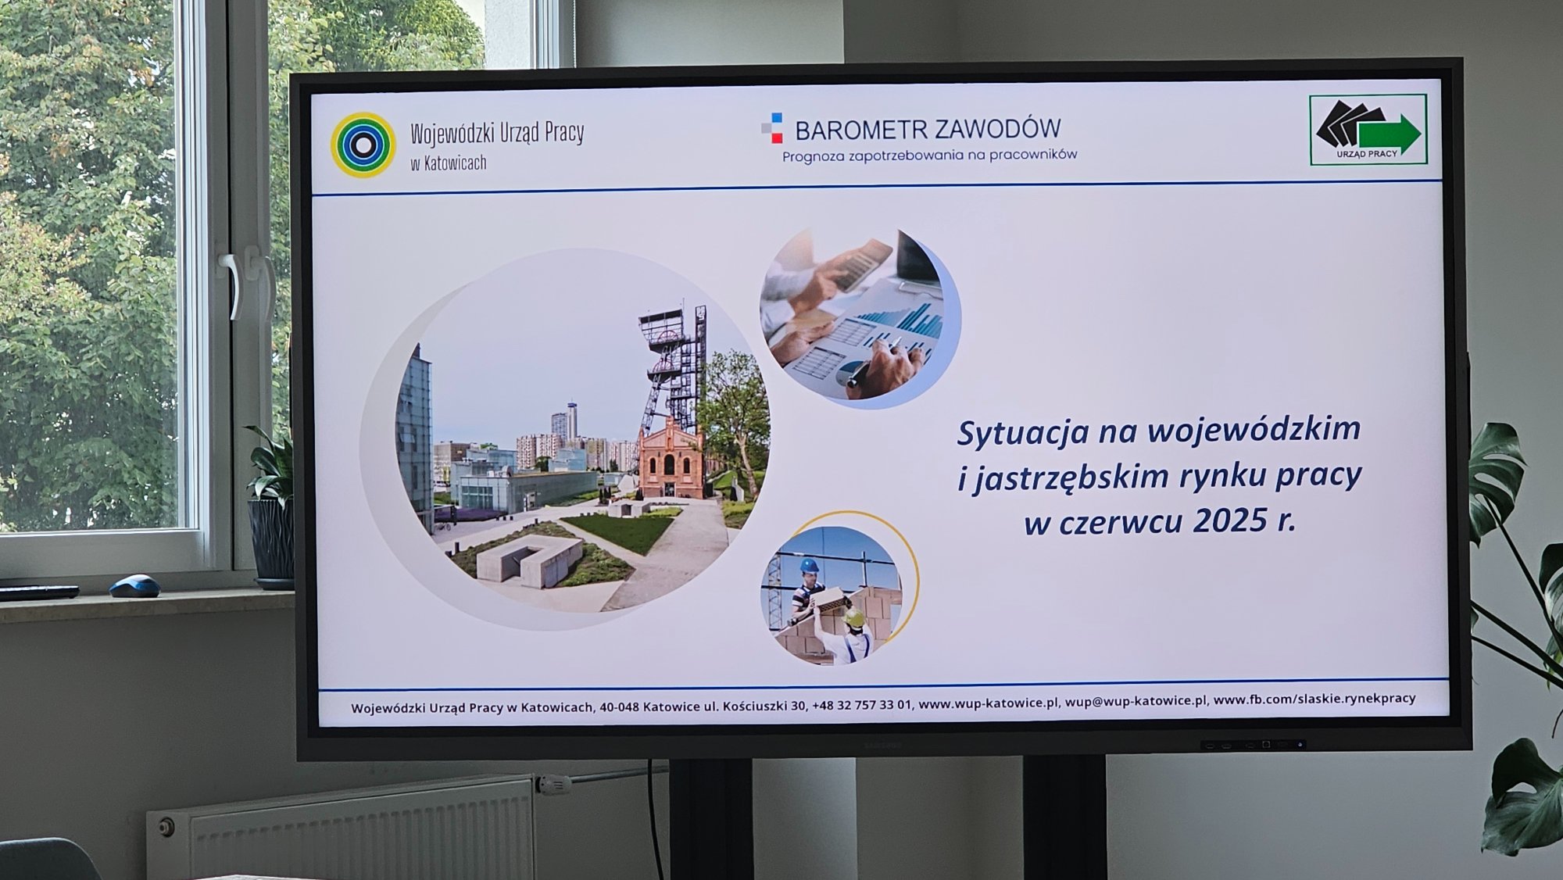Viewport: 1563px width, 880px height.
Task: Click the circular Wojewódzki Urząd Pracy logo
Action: [363, 145]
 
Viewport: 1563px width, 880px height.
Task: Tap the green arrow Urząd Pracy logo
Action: [1368, 130]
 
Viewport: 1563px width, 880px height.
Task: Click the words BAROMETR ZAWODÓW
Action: [928, 129]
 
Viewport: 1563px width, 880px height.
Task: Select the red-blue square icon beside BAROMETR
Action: [772, 129]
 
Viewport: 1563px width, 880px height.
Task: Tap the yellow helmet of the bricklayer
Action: [853, 617]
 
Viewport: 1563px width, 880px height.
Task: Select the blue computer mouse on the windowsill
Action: [134, 585]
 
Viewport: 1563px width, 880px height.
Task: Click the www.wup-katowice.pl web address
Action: [989, 703]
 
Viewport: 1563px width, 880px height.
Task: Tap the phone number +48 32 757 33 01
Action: [861, 704]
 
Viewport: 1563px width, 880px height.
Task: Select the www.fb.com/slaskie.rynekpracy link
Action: [1314, 699]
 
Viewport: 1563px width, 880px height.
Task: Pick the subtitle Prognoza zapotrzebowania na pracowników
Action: [930, 156]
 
